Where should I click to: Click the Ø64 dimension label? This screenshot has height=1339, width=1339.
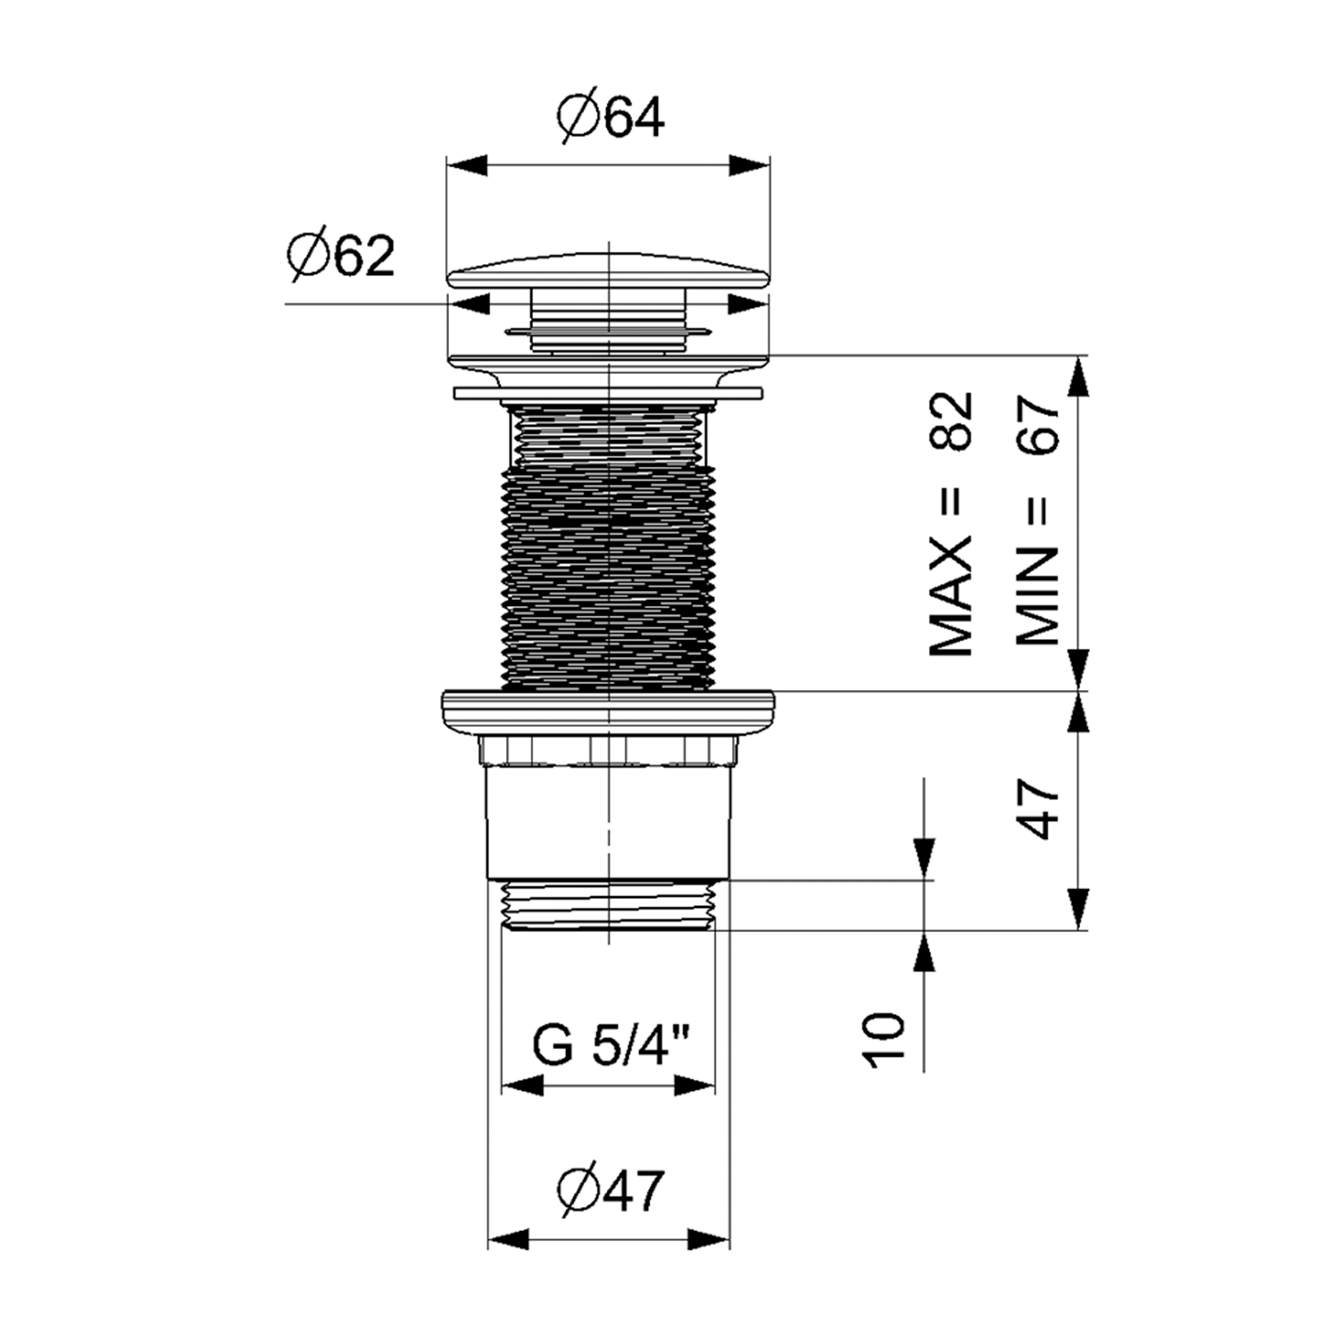[611, 117]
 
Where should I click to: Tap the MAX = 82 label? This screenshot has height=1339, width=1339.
[952, 524]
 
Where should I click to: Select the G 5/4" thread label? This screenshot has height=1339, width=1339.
[611, 1045]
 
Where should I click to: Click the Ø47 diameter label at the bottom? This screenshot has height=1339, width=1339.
[611, 1190]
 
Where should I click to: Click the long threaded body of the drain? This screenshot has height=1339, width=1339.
[609, 546]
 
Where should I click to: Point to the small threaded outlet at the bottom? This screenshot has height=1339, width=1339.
[608, 905]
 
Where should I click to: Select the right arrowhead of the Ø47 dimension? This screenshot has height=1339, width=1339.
[709, 1239]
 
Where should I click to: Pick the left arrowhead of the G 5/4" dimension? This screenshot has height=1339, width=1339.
[523, 1086]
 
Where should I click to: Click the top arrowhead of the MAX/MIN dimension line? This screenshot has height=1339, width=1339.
[1079, 377]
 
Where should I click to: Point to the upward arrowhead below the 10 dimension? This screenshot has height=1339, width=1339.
[924, 952]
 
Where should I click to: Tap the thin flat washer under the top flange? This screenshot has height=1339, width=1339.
[608, 393]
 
